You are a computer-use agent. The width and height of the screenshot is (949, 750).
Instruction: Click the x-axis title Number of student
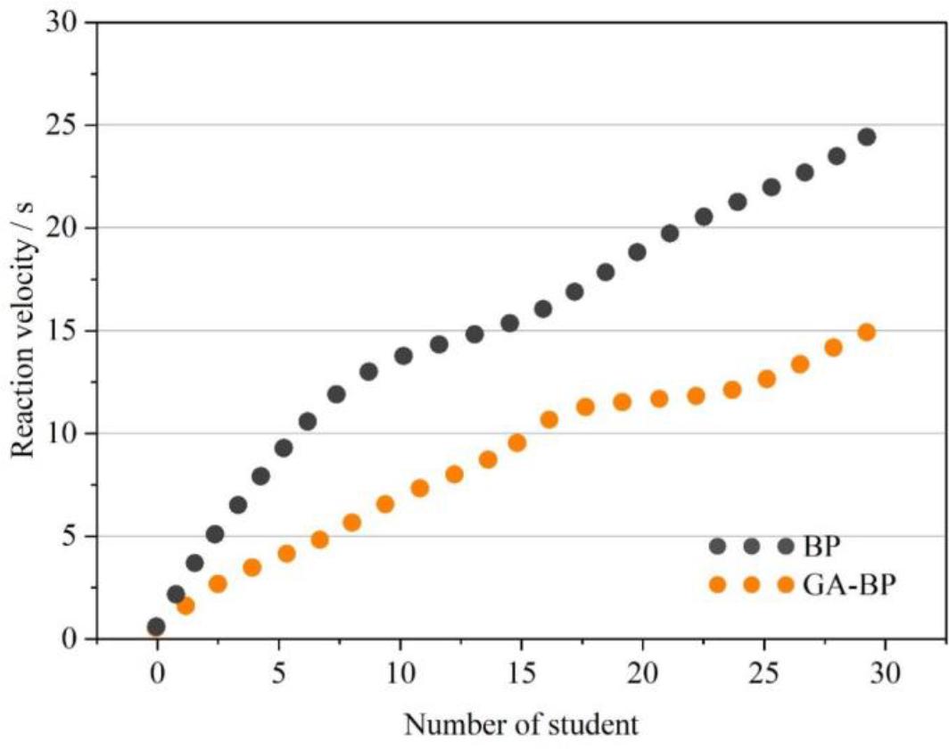[x=522, y=724]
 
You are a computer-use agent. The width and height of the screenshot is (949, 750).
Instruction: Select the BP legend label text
[x=821, y=546]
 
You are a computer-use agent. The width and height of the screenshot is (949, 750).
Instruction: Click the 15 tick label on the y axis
[x=62, y=331]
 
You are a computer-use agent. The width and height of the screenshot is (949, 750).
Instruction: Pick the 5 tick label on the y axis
[x=71, y=537]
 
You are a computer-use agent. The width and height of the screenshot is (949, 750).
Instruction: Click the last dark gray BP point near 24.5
[x=866, y=136]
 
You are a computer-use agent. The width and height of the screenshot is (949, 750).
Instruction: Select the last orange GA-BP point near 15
[x=866, y=332]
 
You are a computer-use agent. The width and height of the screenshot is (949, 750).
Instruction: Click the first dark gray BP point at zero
[x=157, y=626]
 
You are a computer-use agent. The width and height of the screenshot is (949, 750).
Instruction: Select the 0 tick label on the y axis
[x=71, y=639]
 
